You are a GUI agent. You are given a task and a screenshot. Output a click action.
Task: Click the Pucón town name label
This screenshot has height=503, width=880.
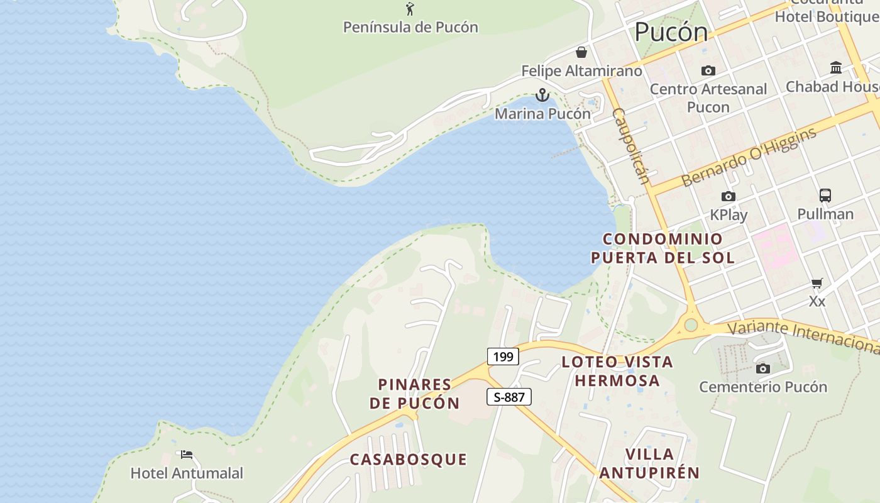(671, 32)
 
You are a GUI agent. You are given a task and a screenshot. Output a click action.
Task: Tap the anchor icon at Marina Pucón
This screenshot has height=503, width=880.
(542, 96)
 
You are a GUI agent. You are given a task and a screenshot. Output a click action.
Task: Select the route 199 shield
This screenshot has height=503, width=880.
(503, 357)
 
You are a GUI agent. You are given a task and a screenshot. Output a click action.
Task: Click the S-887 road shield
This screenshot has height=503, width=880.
(509, 397)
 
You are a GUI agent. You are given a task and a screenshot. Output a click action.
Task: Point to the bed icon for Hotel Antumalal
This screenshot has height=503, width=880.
(187, 454)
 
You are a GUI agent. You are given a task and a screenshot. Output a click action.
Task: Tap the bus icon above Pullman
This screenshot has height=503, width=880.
(825, 196)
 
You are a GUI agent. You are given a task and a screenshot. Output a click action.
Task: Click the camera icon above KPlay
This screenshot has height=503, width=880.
(729, 196)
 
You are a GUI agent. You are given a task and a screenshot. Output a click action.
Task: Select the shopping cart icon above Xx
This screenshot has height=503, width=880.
(817, 283)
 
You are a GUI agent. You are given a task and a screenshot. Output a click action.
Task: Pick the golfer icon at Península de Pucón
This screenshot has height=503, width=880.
(410, 9)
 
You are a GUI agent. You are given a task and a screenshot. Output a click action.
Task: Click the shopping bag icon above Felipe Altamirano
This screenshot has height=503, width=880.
(581, 52)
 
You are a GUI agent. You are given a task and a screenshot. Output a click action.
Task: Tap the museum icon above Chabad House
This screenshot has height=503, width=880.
(836, 67)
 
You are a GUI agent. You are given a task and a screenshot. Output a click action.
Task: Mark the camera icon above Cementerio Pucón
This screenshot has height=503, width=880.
(763, 368)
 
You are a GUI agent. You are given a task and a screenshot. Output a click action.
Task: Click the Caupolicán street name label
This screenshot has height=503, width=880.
(630, 146)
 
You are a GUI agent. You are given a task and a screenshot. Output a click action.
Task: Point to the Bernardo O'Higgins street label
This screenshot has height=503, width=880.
(749, 157)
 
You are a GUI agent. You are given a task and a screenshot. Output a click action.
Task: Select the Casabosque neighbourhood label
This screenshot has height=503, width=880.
(409, 460)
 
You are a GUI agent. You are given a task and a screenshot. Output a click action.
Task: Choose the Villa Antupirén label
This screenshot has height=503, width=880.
(650, 463)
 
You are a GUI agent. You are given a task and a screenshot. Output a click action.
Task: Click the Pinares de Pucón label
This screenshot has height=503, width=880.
(415, 394)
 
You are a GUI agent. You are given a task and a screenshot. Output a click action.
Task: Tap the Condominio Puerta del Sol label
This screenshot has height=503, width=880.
(663, 248)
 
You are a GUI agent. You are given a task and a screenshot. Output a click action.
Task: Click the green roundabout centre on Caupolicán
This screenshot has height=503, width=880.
(691, 325)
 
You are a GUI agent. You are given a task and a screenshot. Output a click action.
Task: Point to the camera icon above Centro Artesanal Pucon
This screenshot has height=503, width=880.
(708, 71)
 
